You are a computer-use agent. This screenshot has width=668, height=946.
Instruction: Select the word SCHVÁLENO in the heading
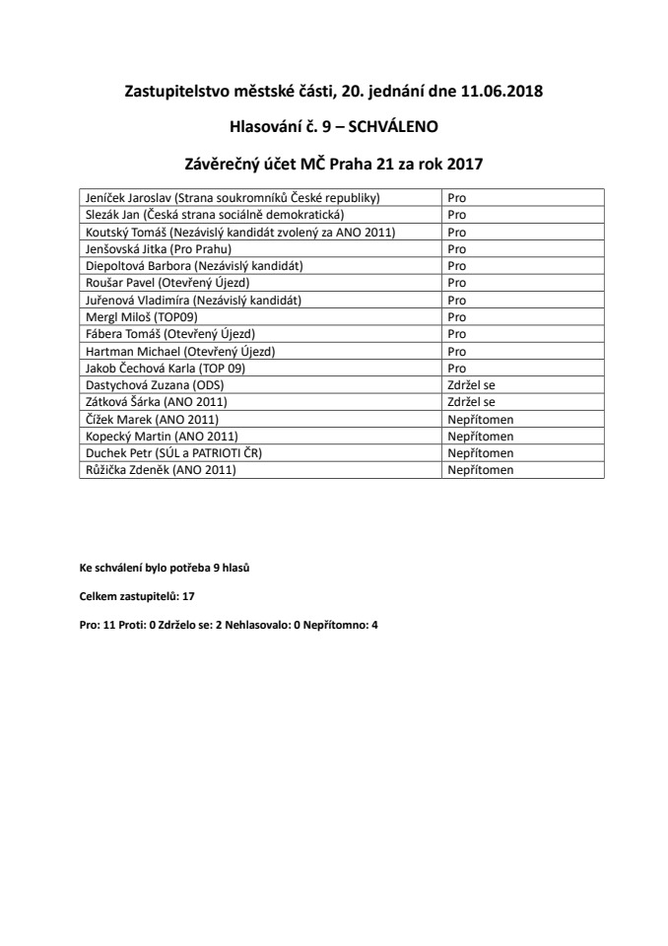pos(394,126)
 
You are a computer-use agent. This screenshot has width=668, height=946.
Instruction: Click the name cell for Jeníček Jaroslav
pos(233,197)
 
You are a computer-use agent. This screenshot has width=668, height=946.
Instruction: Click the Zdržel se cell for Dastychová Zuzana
pos(470,385)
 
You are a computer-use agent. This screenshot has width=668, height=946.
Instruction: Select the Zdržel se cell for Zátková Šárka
pos(470,402)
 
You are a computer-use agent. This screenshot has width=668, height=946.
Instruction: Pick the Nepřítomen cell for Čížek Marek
pos(481,419)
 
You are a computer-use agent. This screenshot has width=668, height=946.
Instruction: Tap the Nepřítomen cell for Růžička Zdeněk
pos(481,470)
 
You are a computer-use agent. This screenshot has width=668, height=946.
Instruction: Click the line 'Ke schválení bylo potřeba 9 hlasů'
pos(170,569)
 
